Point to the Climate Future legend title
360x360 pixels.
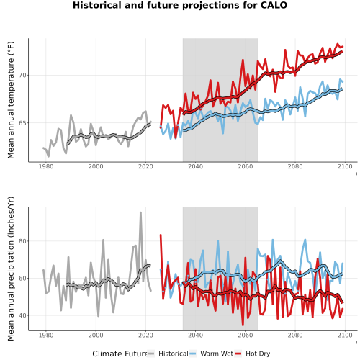pyautogui.click(x=120, y=354)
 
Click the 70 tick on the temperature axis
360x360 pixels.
pyautogui.click(x=22, y=76)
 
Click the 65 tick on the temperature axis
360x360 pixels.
pyautogui.click(x=22, y=123)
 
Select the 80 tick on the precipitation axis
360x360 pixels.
pyautogui.click(x=22, y=241)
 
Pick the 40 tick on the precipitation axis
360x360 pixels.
pyautogui.click(x=22, y=315)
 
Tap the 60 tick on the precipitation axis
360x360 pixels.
pyautogui.click(x=22, y=279)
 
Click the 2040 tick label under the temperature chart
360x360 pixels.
pyautogui.click(x=195, y=166)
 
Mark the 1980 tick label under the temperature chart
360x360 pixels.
pyautogui.click(x=46, y=166)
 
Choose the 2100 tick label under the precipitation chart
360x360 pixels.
pyautogui.click(x=345, y=335)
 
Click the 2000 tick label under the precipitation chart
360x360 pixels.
pyautogui.click(x=96, y=335)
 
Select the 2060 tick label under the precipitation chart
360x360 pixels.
pyautogui.click(x=246, y=335)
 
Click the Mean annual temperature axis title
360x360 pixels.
pyautogui.click(x=11, y=100)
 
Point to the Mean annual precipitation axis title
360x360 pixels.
pyautogui.click(x=11, y=269)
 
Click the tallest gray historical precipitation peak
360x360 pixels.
pyautogui.click(x=140, y=212)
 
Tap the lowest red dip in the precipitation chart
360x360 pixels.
pyautogui.click(x=243, y=325)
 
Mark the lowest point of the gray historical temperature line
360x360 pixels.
pyautogui.click(x=48, y=156)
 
